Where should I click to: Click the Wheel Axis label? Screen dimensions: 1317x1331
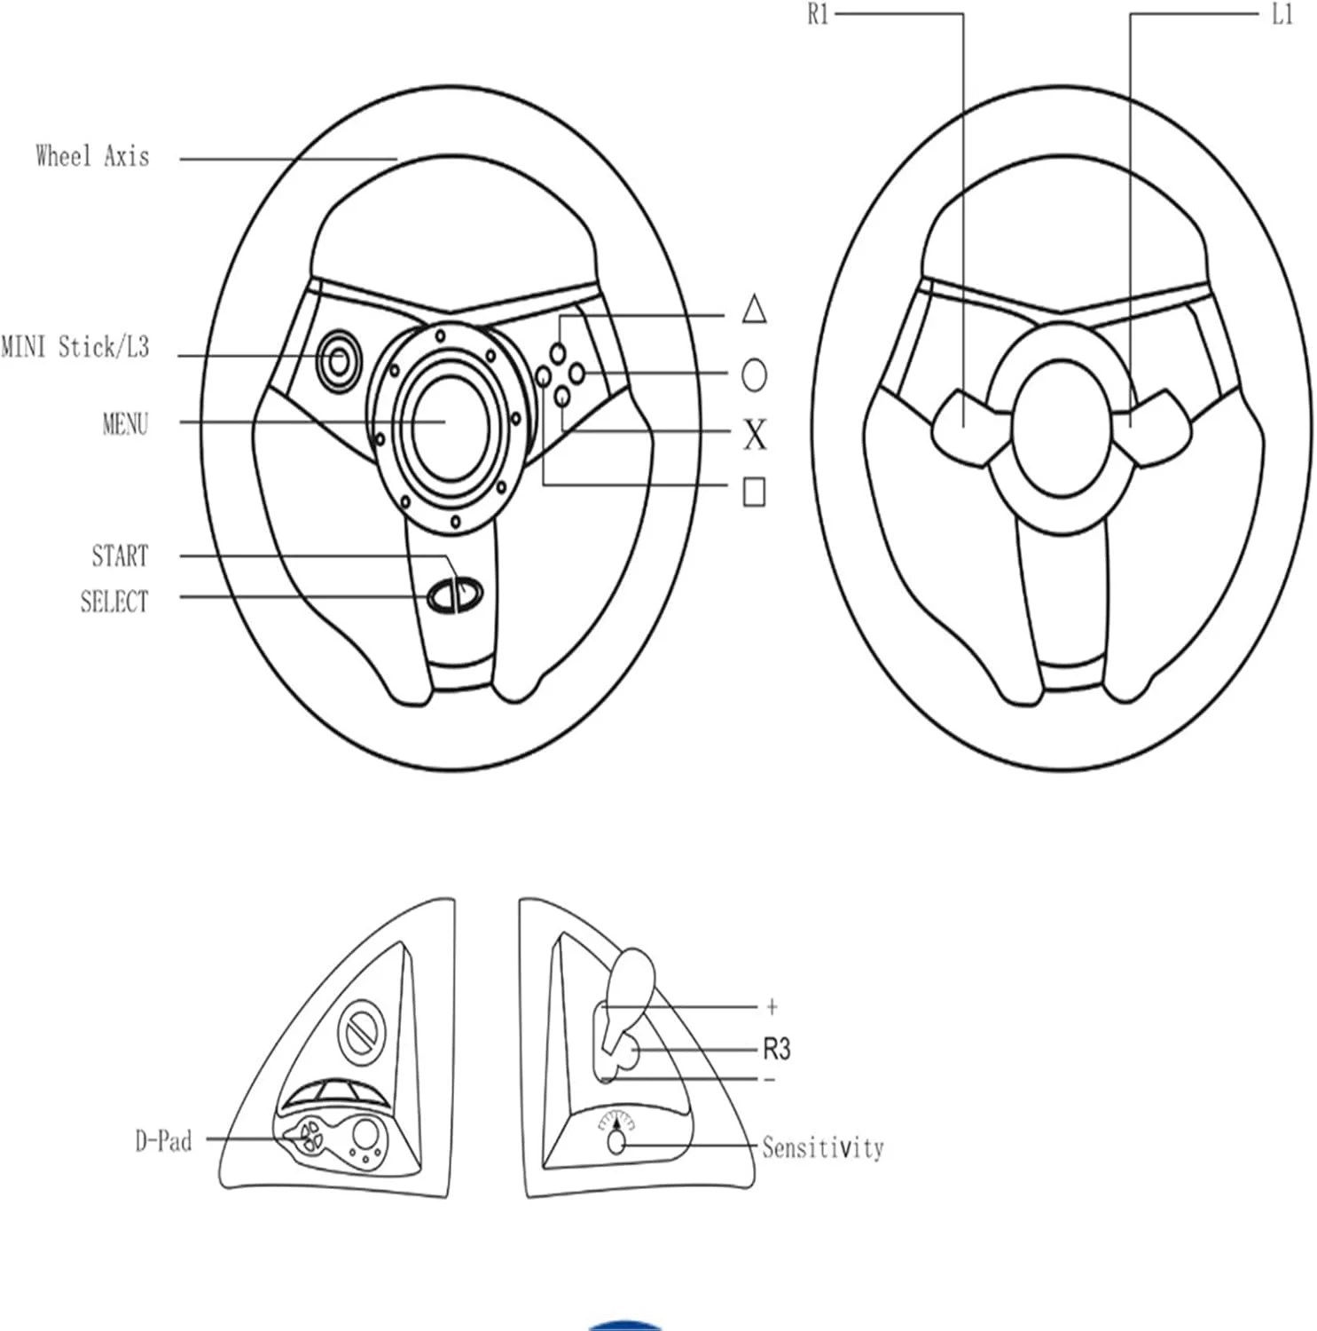(92, 157)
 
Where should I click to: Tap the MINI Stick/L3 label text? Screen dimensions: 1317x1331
(74, 347)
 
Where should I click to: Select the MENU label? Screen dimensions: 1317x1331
(125, 424)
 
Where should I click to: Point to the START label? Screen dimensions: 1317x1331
(120, 556)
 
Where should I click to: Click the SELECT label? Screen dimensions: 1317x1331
(114, 602)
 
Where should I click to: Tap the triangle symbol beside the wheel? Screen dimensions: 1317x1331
(754, 309)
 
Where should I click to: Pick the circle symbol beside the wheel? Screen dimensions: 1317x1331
(754, 375)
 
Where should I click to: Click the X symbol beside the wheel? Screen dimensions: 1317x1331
(755, 435)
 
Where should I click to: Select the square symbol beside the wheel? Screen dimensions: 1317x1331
(754, 492)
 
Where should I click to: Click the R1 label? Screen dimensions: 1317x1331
(818, 15)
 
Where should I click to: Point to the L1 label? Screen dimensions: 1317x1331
(1282, 15)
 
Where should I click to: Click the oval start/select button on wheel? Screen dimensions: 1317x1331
(455, 595)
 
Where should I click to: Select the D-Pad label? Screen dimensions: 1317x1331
(163, 1140)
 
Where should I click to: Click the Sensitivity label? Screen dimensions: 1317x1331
(823, 1147)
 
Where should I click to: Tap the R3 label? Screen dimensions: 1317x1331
(776, 1050)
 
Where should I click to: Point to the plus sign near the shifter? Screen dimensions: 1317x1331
(772, 1006)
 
